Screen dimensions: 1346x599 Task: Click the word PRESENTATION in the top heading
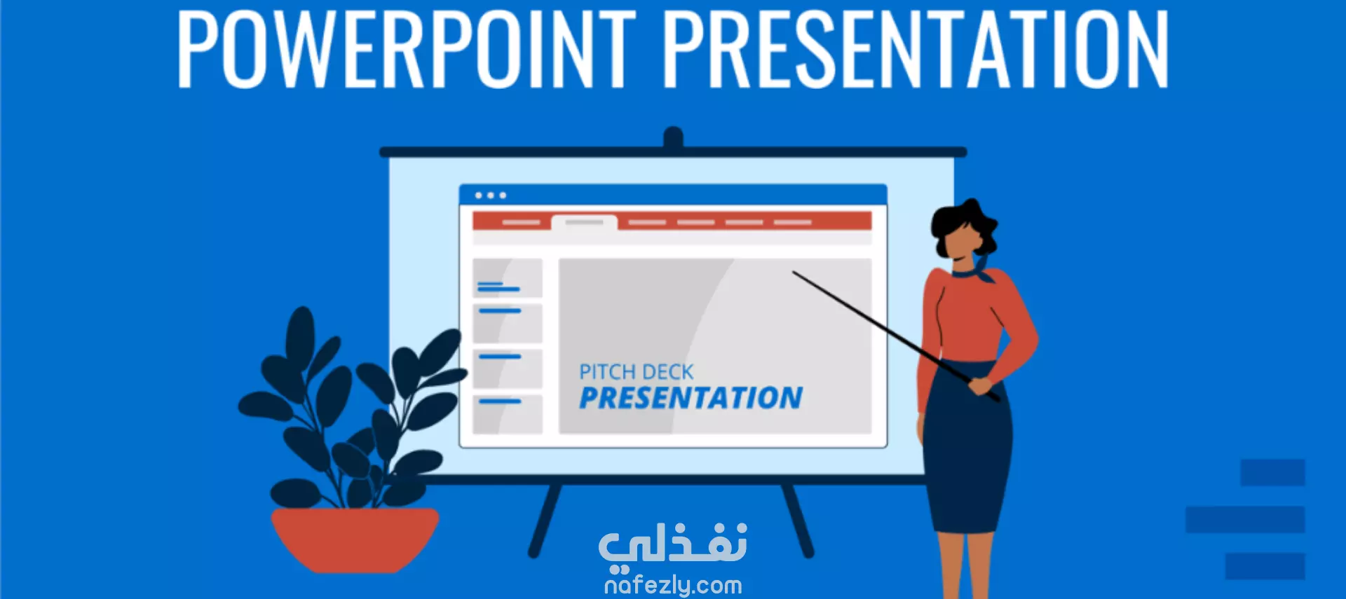pos(916,48)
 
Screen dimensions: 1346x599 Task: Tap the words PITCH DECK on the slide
pos(636,372)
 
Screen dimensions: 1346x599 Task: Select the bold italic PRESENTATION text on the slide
pos(691,398)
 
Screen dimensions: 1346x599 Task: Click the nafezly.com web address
pos(673,585)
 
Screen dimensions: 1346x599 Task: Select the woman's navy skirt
pos(967,448)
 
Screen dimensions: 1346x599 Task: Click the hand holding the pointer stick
pos(980,385)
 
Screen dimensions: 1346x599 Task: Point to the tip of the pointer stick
pos(794,273)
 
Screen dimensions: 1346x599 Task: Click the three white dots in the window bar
pos(491,195)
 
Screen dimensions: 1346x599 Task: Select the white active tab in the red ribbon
pos(584,223)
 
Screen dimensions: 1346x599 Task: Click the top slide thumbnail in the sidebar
pos(508,278)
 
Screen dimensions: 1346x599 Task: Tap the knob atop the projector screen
pos(673,137)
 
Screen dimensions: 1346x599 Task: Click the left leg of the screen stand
pos(545,520)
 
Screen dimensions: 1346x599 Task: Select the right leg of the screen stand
pos(798,520)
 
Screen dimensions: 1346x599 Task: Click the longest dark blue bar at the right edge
pos(1245,520)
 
